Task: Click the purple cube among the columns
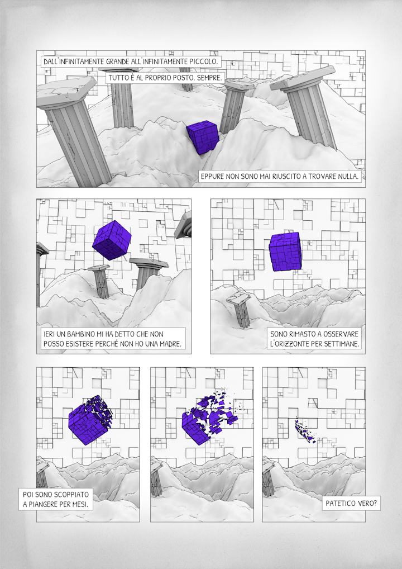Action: click(x=203, y=136)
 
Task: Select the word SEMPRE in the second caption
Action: click(x=209, y=78)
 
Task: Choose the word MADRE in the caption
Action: click(x=170, y=344)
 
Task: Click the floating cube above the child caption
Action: click(x=112, y=240)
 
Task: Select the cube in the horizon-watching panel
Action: click(x=285, y=252)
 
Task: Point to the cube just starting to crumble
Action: click(x=90, y=420)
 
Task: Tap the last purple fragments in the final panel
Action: click(x=305, y=430)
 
